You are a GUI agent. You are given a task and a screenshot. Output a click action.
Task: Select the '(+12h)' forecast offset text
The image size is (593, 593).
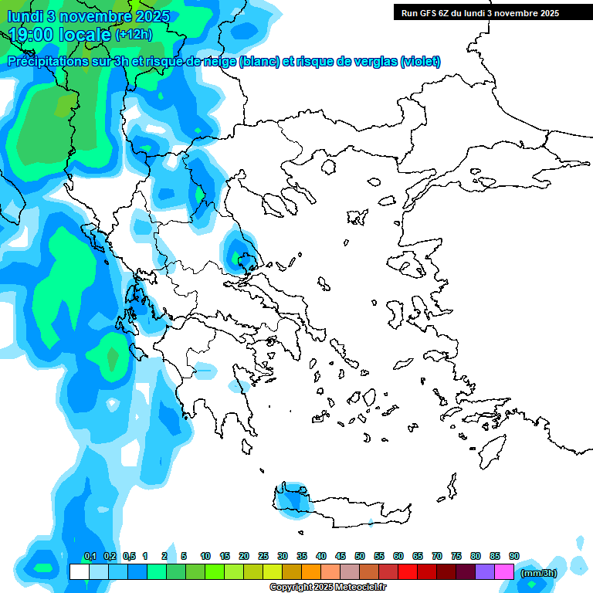click(134, 34)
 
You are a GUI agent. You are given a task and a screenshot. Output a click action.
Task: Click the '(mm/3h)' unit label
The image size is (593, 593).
click(537, 572)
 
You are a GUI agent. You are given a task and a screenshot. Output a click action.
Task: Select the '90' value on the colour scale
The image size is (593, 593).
click(513, 557)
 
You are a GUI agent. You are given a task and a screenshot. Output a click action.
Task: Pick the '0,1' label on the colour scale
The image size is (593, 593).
click(90, 557)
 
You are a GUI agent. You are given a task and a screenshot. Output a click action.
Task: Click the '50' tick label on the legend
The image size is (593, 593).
click(360, 557)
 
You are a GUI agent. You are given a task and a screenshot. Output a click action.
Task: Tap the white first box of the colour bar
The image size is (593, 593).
click(79, 572)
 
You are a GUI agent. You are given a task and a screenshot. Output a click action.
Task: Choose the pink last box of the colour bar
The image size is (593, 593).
click(504, 572)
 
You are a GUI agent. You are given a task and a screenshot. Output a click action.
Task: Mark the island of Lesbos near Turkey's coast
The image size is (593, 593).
click(411, 266)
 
